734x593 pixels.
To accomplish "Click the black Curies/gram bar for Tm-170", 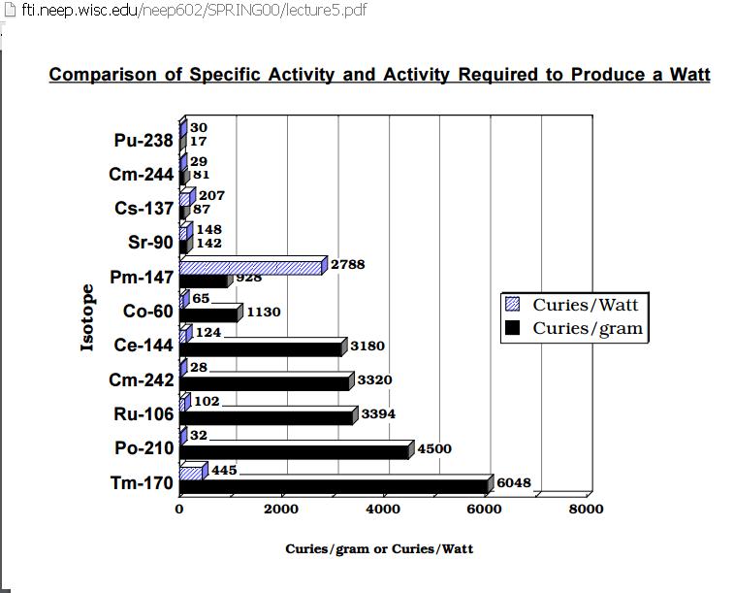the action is pos(334,486).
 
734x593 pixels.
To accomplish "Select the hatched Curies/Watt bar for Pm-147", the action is pos(250,268).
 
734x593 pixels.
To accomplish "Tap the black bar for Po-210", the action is pos(294,452).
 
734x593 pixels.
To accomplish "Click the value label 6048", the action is pos(514,483).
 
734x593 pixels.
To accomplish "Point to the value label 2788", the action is pos(348,265).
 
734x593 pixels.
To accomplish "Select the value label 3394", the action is pos(378,414).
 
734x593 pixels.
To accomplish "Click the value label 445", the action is pos(224,470).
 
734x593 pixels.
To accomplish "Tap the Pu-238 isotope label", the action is pos(144,140).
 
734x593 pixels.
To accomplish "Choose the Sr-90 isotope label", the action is pos(150,243).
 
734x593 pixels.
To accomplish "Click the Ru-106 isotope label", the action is pos(144,414).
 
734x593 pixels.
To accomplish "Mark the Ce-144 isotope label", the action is pos(144,346).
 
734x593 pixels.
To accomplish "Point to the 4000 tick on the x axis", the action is pos(383,510).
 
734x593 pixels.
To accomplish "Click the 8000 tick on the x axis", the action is pos(586,510).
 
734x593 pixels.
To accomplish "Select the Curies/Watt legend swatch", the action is pos(513,305).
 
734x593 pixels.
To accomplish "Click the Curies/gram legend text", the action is pos(588,328).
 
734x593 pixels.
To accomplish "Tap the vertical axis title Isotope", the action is pos(87,317).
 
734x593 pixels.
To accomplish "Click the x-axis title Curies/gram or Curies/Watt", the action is pos(379,549).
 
